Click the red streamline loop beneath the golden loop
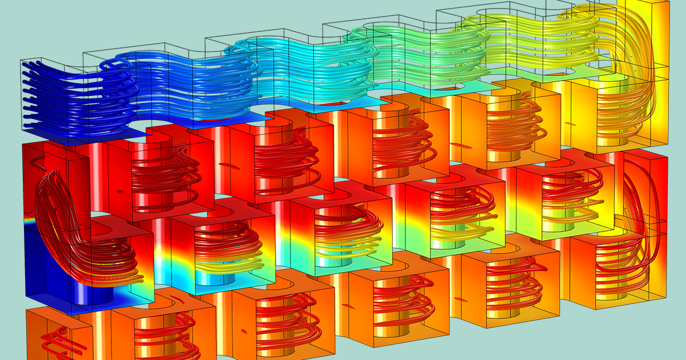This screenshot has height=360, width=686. [635, 194]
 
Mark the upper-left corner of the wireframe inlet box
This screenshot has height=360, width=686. [21, 61]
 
